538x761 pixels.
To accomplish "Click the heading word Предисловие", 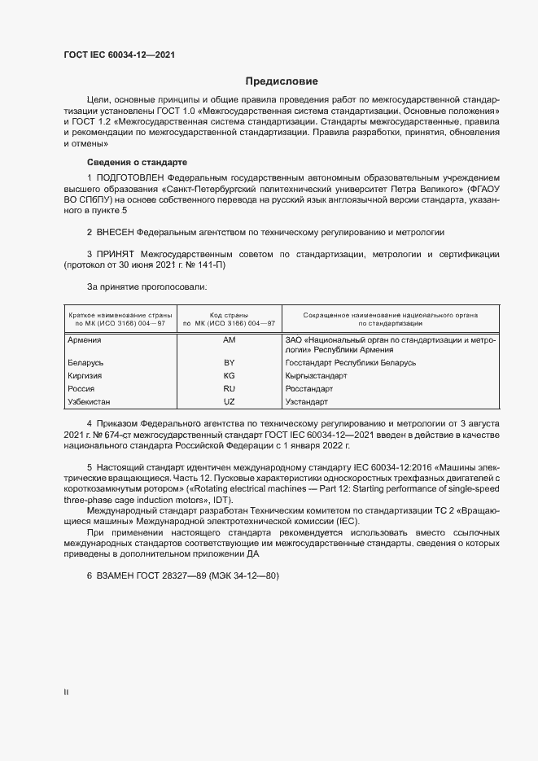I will (x=282, y=81).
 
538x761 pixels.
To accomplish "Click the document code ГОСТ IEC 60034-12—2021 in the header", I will (x=119, y=55).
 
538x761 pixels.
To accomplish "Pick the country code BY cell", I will (x=229, y=362).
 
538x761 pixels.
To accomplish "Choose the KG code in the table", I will (x=229, y=376).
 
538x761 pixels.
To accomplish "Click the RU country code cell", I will (x=229, y=389).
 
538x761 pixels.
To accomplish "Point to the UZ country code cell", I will (x=229, y=402).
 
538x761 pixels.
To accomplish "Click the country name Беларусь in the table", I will (x=86, y=362).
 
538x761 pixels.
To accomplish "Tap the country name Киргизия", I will (x=86, y=376).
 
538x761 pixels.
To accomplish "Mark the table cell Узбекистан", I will (x=90, y=402).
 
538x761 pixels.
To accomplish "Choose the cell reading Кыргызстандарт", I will (x=317, y=376).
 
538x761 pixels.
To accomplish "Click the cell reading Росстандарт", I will (x=308, y=389).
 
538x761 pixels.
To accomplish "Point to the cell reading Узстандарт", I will (x=307, y=402).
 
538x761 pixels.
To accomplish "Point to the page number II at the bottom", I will (x=66, y=692).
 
